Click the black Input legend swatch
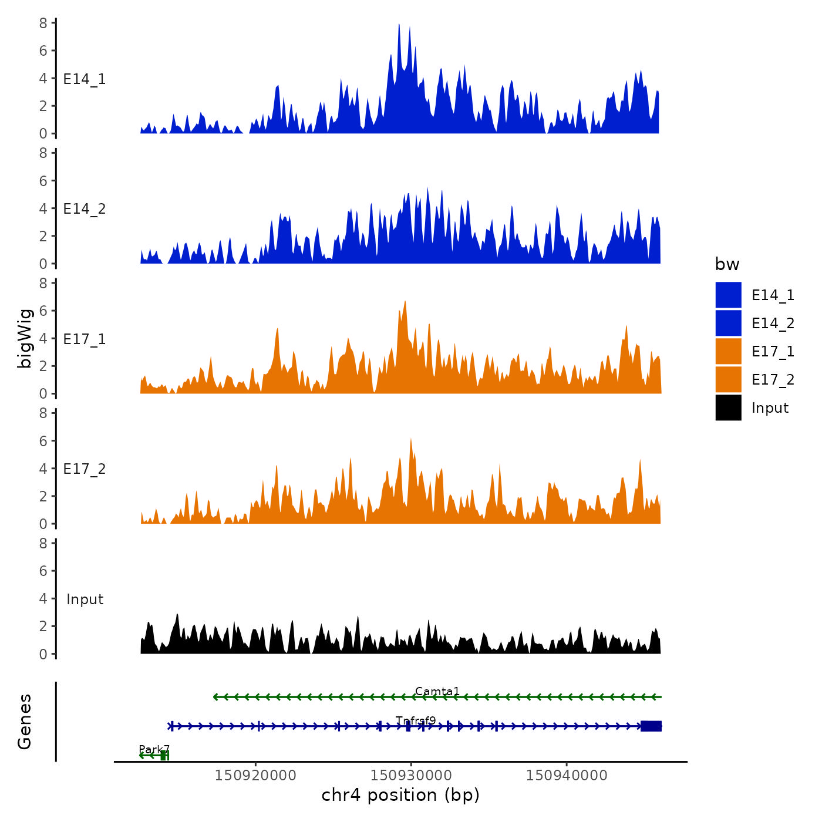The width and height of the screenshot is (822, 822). click(x=728, y=407)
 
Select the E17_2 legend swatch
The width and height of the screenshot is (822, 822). click(x=728, y=379)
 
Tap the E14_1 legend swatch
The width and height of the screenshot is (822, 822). click(x=728, y=295)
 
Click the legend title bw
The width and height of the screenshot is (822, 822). click(x=727, y=264)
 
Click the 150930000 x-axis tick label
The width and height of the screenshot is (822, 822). click(x=411, y=775)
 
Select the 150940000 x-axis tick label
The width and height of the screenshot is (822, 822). click(x=567, y=775)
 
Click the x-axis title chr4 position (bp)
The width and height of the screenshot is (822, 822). click(x=400, y=795)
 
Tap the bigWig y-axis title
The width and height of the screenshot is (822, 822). click(x=25, y=338)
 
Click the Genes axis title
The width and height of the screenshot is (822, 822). click(x=25, y=722)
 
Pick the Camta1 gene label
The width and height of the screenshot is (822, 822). click(x=437, y=692)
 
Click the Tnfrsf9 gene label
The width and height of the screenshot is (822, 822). click(x=416, y=720)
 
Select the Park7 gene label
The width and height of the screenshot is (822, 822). click(x=154, y=749)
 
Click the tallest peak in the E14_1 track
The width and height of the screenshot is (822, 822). click(x=399, y=25)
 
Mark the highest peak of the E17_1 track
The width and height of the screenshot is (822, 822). click(x=405, y=302)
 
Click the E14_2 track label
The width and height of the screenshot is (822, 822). click(x=85, y=209)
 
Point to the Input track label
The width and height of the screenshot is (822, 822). click(x=85, y=599)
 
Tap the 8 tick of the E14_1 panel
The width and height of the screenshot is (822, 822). click(x=43, y=23)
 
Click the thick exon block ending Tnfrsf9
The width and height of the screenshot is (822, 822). click(x=651, y=726)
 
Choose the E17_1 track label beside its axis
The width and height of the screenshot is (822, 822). click(x=85, y=339)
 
